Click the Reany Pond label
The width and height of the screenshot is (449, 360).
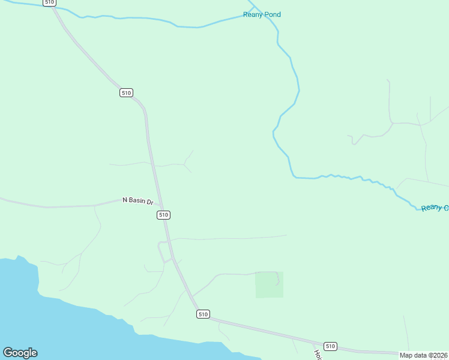[x=262, y=14]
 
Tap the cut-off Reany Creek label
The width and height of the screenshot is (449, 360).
[x=435, y=208]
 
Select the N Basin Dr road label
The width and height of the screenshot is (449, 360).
[x=138, y=201]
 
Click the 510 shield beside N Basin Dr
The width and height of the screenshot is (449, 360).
[x=164, y=215]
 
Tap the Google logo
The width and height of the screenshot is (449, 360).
[x=20, y=353]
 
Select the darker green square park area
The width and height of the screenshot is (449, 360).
[x=269, y=284]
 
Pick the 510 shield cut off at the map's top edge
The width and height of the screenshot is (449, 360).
[x=49, y=2]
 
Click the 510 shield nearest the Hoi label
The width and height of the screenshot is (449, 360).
[x=330, y=346]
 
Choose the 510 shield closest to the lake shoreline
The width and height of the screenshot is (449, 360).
[x=203, y=314]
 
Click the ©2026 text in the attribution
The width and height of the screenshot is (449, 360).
[x=438, y=355]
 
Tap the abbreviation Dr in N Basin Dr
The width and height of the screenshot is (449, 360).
[x=150, y=203]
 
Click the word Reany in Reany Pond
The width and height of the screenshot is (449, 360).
[x=252, y=14]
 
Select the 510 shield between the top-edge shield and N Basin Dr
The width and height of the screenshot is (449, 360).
[x=126, y=92]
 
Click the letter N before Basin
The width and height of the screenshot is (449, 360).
[x=125, y=199]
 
